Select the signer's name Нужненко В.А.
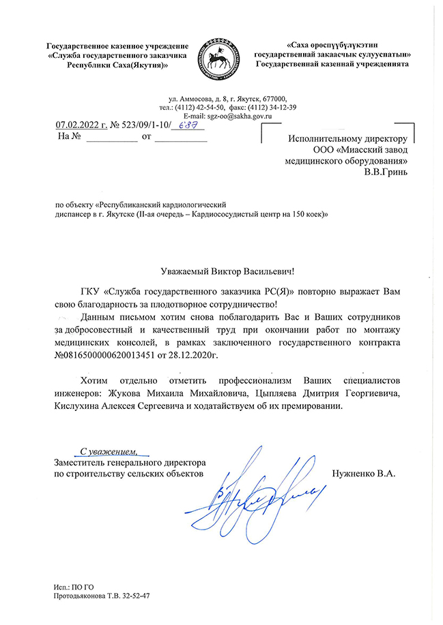tap(362, 472)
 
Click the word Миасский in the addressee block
tap(358, 149)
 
